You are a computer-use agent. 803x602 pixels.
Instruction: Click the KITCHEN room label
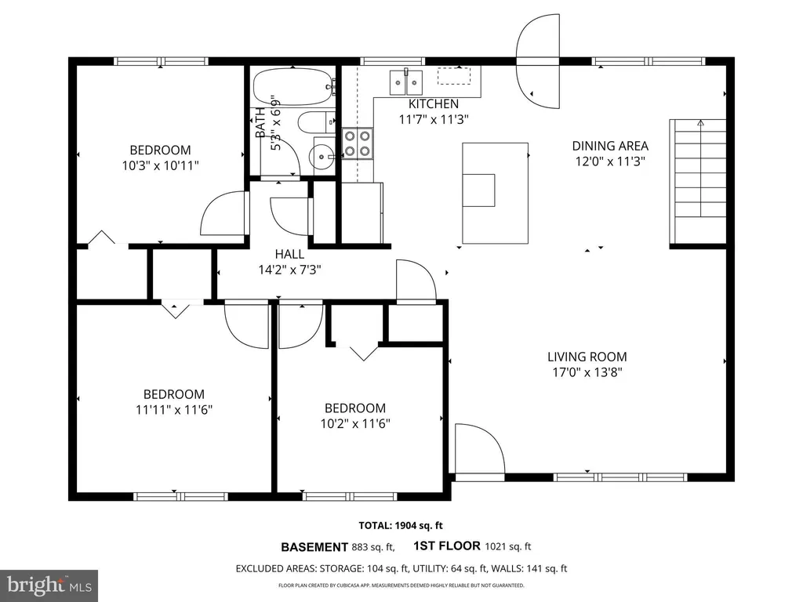pos(433,103)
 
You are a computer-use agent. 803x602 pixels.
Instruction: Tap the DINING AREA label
pos(609,146)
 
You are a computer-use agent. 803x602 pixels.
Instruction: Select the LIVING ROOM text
pos(587,357)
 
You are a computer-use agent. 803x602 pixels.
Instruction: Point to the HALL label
pos(289,254)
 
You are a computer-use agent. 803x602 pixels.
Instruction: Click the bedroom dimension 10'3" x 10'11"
pos(160,165)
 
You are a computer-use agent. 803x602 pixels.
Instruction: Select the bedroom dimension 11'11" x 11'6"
pos(173,409)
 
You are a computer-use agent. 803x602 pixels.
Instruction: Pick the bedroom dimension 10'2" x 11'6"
pos(355,423)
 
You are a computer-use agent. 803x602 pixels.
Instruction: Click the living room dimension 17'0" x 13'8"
pos(587,372)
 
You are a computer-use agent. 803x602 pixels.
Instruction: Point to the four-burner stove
pos(358,143)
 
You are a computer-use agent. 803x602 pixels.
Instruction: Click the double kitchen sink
pos(408,80)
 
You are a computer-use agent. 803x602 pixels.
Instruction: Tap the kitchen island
pos(495,193)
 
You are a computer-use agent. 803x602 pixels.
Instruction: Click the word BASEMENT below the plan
pos(314,547)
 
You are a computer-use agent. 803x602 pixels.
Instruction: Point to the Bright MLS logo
pos(49,585)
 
